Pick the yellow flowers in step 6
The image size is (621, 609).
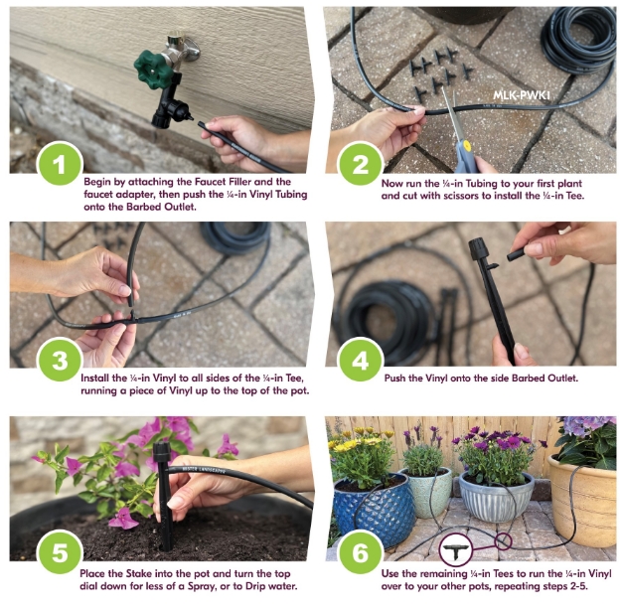[361, 440]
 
